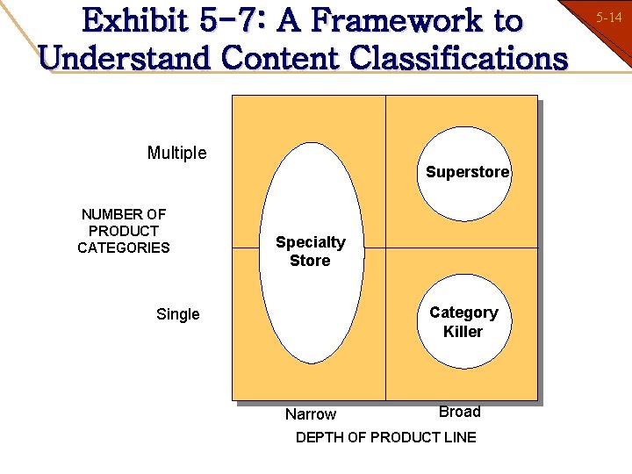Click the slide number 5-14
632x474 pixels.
click(609, 17)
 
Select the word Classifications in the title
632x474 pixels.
click(458, 58)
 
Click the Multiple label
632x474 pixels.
click(177, 153)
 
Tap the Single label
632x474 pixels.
click(177, 314)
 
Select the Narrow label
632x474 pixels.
click(311, 414)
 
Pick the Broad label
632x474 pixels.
click(460, 412)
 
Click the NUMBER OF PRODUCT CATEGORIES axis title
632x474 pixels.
click(124, 231)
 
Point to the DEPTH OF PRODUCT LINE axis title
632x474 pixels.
click(386, 437)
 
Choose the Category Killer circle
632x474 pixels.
click(463, 322)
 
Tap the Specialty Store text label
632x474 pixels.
click(311, 251)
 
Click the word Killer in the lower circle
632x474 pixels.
click(463, 332)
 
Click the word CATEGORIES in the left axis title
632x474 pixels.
click(124, 248)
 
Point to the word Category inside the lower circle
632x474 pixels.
click(463, 312)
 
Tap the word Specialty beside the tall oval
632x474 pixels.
click(311, 242)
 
